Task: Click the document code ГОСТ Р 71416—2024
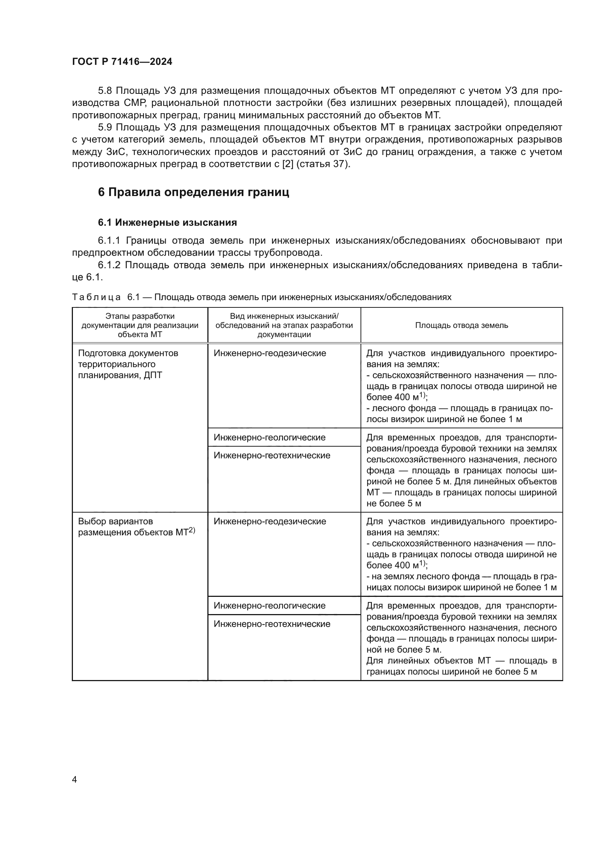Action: [x=122, y=62]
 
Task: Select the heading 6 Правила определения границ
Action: [x=193, y=192]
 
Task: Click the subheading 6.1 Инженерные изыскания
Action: [x=167, y=223]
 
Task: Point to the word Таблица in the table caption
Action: [x=96, y=297]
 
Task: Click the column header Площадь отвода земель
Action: [x=461, y=325]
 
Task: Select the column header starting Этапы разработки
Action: [x=140, y=325]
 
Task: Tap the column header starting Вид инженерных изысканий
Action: [x=284, y=325]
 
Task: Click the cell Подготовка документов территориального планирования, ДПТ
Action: [x=128, y=364]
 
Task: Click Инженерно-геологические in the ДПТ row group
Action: [x=269, y=437]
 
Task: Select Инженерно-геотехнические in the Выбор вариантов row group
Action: [x=271, y=624]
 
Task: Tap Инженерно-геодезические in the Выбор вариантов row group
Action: [x=270, y=521]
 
